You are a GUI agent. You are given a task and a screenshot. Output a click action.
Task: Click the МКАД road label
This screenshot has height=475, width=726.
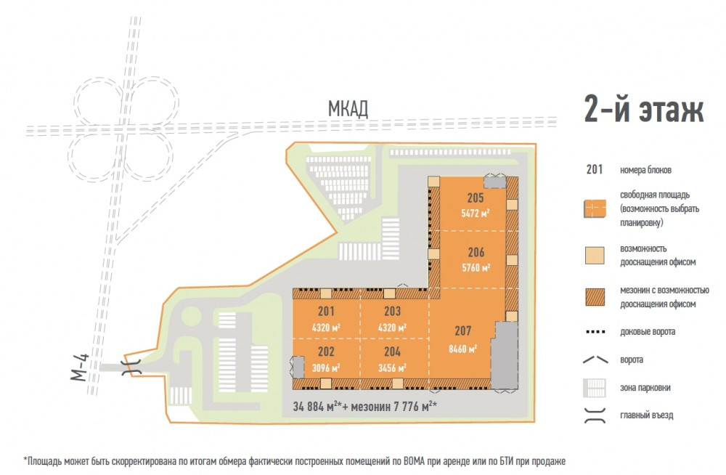[348, 109]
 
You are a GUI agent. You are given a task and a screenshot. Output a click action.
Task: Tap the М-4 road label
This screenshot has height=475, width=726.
[80, 367]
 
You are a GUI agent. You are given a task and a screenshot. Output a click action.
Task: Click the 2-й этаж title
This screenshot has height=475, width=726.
[644, 109]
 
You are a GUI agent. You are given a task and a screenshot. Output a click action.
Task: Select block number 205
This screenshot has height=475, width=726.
[476, 198]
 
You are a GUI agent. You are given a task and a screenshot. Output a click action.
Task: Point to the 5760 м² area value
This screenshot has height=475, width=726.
[476, 267]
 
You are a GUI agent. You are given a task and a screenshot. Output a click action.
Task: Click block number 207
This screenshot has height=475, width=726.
[462, 330]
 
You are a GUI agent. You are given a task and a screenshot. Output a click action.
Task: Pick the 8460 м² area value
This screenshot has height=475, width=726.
[462, 349]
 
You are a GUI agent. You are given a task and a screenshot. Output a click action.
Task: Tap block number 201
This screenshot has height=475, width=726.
[326, 311]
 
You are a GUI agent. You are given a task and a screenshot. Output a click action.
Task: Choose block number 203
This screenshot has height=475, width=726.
[392, 311]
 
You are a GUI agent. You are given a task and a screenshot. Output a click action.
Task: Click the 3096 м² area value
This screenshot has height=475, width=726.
[326, 368]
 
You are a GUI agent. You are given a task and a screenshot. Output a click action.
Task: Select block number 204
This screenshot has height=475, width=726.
[392, 352]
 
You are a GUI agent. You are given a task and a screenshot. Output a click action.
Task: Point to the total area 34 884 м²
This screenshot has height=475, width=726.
[317, 407]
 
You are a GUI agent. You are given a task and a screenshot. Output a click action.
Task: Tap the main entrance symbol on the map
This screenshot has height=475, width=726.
[131, 367]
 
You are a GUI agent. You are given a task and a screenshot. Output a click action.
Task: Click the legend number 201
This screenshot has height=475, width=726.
[595, 170]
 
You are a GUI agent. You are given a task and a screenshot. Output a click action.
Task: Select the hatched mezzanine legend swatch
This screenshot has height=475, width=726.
[595, 297]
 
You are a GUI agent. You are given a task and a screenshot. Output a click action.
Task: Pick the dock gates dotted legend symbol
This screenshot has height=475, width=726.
[595, 332]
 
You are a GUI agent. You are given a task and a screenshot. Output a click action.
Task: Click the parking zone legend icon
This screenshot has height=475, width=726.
[595, 388]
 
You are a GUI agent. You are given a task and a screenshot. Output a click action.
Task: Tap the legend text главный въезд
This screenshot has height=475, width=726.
[646, 415]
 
